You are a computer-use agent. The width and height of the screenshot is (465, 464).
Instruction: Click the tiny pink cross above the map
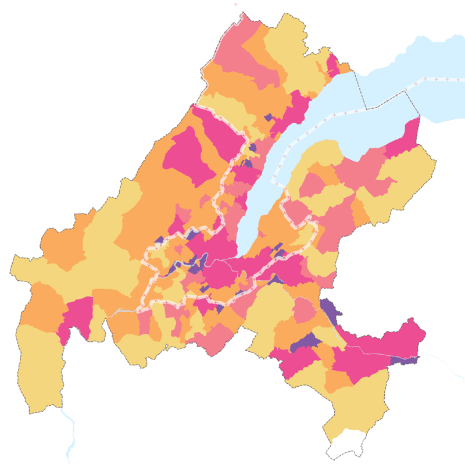click(x=235, y=4)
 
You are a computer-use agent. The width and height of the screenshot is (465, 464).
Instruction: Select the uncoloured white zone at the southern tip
click(x=346, y=448)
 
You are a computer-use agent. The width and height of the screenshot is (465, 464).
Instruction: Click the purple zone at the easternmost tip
click(x=406, y=361)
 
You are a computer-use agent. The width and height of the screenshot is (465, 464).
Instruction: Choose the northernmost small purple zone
click(x=268, y=117)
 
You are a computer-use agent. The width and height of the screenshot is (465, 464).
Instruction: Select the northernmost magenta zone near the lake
click(x=333, y=66)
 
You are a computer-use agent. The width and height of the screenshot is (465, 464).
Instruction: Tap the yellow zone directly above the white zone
click(x=355, y=407)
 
